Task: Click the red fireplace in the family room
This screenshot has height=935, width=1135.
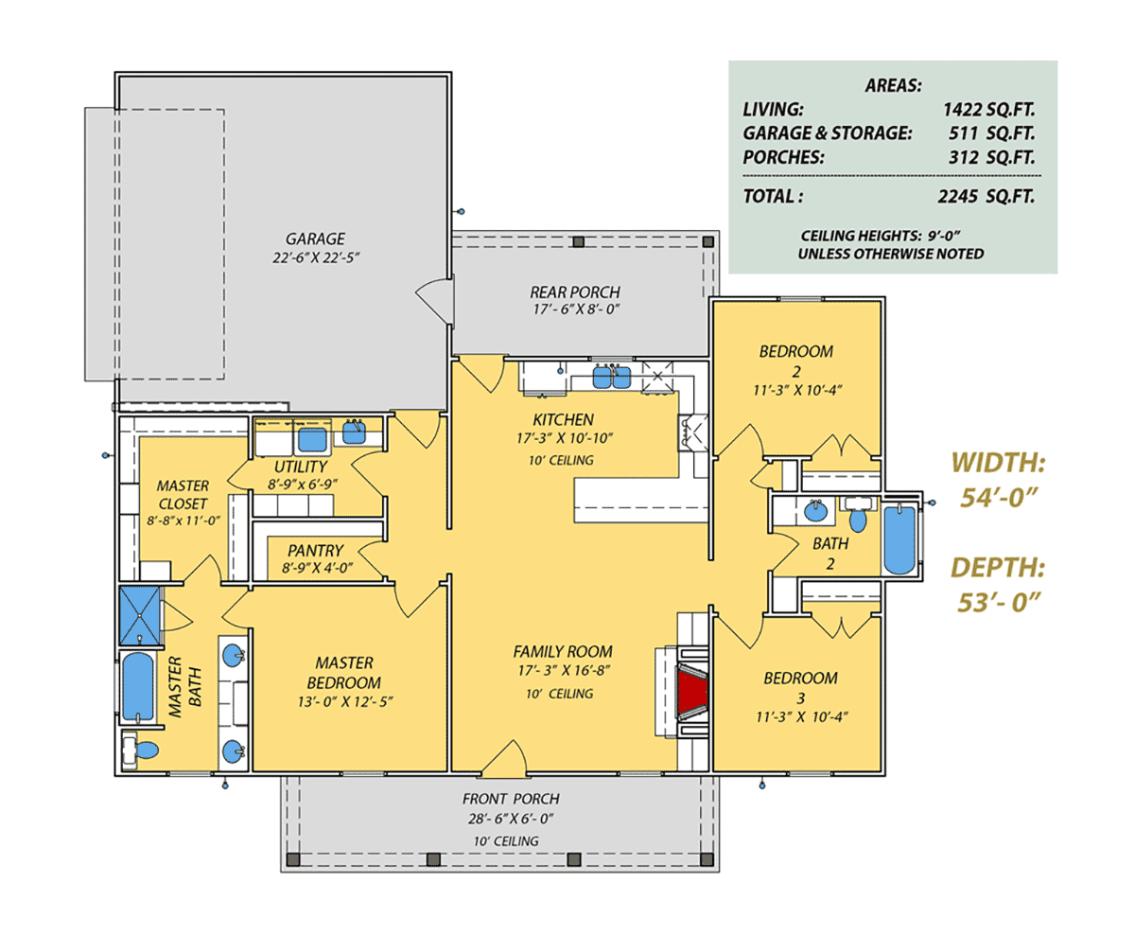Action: (x=692, y=692)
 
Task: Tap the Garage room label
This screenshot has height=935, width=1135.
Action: (x=315, y=238)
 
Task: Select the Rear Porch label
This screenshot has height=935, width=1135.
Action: (x=575, y=291)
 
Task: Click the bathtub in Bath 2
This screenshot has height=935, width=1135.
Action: (x=899, y=539)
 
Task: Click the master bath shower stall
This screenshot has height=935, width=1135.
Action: (x=140, y=616)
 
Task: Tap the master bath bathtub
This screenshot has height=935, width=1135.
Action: (x=138, y=687)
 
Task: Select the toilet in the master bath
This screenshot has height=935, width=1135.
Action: (x=140, y=750)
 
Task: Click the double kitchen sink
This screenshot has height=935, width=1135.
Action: (x=611, y=377)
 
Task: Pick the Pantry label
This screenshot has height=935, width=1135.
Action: (x=315, y=551)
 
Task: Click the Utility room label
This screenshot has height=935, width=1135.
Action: (x=300, y=467)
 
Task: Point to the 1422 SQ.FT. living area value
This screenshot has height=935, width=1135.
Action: (x=988, y=110)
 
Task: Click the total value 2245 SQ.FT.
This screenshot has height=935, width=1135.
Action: (x=986, y=197)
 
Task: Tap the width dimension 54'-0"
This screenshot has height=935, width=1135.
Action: (x=998, y=497)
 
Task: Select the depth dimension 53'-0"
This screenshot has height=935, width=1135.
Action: (x=998, y=602)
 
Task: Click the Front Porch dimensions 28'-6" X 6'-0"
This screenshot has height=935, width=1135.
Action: (x=511, y=819)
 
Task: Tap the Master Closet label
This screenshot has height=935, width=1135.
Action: (x=183, y=494)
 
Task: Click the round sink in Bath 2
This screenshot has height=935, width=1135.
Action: (x=816, y=511)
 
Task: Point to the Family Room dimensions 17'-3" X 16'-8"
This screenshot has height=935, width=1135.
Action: (x=563, y=671)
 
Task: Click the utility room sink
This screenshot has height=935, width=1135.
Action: (x=354, y=432)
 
